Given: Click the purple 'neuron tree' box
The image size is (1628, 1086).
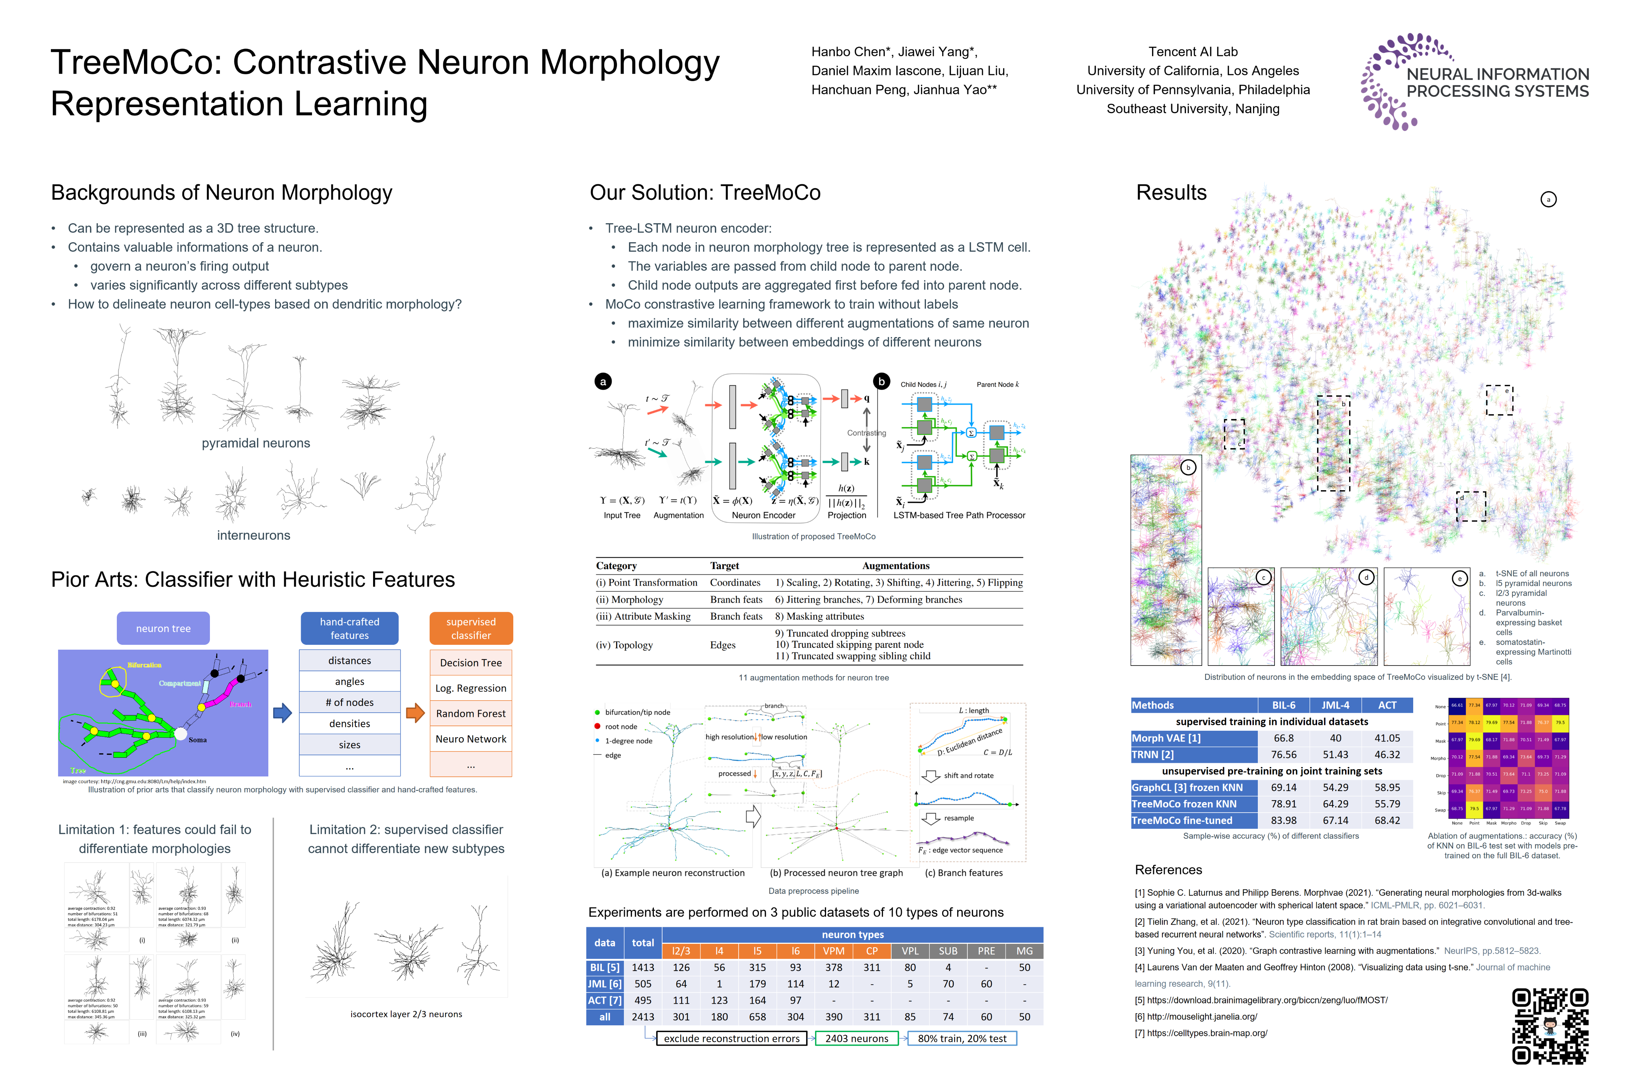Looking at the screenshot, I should [163, 628].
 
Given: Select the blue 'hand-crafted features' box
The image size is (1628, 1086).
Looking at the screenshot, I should [350, 628].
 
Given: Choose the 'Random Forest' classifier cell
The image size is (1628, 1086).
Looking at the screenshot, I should [471, 713].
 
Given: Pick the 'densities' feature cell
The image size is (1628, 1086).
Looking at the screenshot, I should [350, 724].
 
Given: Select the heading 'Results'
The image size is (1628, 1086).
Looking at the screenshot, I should [1171, 193].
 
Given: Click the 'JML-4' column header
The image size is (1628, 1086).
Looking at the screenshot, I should [1335, 705].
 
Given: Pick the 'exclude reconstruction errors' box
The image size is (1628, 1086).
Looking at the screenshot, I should [731, 1038].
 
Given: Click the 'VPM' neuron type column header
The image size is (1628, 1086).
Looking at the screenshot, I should [833, 951].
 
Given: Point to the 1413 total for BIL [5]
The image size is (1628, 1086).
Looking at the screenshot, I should [643, 968].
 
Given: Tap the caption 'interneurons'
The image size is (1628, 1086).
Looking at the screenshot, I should [253, 535].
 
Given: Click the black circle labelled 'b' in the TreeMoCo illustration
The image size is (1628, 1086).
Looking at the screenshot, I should [881, 381].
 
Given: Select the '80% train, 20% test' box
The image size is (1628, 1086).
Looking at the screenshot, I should [962, 1038].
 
